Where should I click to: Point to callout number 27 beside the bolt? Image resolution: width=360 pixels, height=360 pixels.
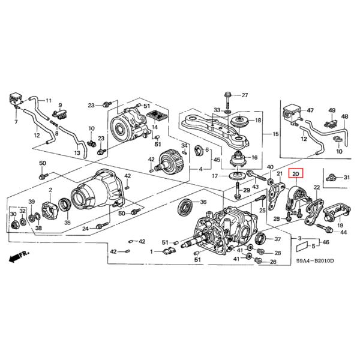(244, 95)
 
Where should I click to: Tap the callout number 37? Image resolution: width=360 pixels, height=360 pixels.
(277, 239)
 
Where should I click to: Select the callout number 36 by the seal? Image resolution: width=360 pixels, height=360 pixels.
(203, 202)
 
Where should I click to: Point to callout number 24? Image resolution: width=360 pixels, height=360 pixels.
(86, 229)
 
